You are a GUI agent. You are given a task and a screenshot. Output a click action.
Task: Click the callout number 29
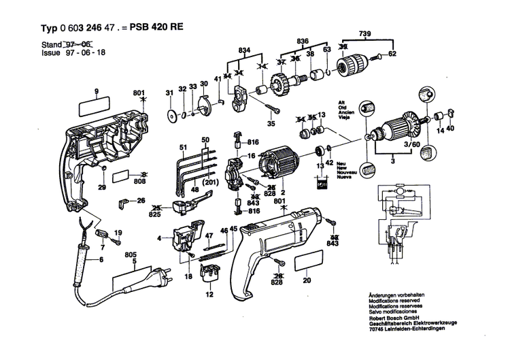(x=101, y=188)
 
